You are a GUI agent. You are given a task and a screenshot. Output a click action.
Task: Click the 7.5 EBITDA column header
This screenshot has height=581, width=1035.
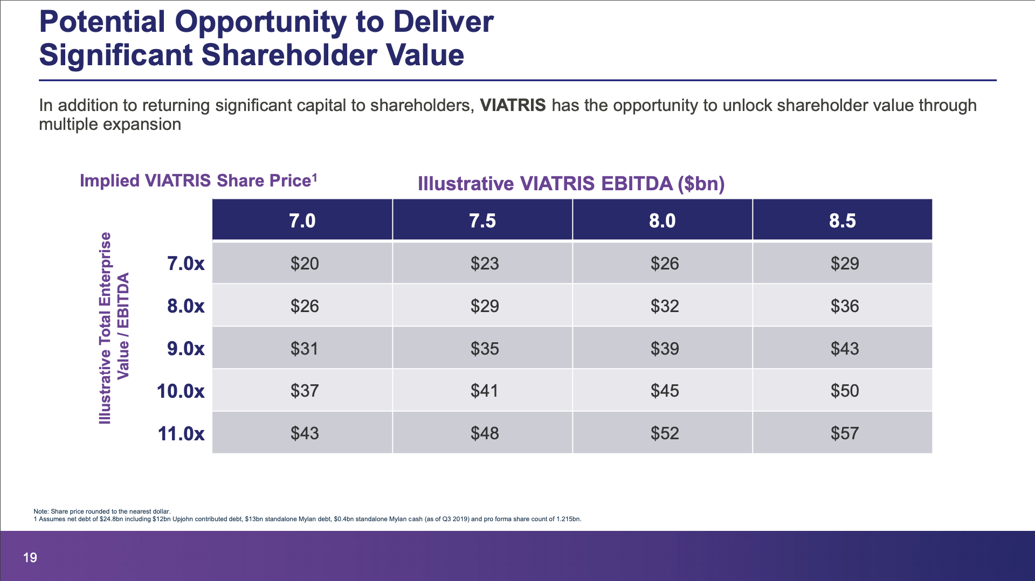tap(482, 220)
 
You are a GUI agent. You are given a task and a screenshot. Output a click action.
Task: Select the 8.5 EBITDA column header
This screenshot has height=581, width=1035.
tap(843, 220)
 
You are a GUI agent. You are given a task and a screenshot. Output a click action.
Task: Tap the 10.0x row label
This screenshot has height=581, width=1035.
tap(181, 391)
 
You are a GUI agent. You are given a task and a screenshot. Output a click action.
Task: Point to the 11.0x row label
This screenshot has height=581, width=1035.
tap(181, 433)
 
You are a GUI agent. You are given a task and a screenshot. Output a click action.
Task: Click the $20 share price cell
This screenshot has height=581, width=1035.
tap(305, 263)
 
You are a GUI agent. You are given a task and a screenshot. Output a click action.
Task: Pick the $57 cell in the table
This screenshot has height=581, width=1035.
tap(845, 433)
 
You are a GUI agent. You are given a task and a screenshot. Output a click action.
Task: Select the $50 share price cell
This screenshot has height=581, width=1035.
tap(845, 391)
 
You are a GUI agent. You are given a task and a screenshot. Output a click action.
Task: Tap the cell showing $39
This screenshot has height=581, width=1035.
tap(665, 348)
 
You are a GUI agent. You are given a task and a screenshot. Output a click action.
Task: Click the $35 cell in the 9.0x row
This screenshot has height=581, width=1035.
tap(485, 348)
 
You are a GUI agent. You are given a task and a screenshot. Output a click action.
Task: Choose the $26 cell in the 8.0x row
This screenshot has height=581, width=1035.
tap(305, 306)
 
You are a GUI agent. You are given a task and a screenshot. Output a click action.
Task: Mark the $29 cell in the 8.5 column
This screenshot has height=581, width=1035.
tap(845, 263)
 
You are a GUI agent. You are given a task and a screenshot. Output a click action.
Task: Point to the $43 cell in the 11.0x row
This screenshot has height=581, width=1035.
tap(305, 433)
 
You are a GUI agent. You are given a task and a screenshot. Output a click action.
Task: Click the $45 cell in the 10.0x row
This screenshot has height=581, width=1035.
tap(665, 391)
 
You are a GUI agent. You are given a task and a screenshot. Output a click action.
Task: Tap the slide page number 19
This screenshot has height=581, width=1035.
tap(30, 557)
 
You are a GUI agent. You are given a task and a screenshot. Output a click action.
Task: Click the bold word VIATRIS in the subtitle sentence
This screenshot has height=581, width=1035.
tap(513, 105)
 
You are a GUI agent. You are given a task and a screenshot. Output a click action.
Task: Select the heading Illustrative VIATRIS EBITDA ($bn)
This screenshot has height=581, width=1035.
tap(571, 184)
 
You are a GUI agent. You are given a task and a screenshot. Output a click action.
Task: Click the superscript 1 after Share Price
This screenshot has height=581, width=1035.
tap(315, 177)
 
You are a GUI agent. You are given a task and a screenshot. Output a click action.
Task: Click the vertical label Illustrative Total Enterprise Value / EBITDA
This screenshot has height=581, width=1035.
tap(114, 328)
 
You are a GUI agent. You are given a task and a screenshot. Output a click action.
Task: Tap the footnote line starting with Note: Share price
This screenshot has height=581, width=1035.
tap(102, 511)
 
